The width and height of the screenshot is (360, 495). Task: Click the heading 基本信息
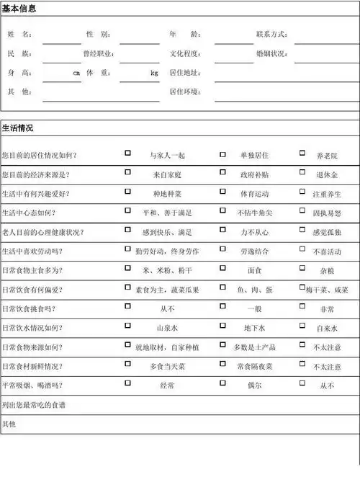coord(18,9)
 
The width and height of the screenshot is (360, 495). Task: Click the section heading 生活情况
coord(18,128)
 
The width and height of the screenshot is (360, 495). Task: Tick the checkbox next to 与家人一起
coord(127,153)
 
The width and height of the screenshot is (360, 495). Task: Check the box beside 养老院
coord(302,153)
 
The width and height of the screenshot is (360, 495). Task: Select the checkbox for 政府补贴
coord(222,173)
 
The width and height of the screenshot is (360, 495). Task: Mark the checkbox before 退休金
coord(302,173)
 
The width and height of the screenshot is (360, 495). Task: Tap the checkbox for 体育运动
coord(222,192)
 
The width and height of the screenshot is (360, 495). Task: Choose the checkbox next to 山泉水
coord(127,326)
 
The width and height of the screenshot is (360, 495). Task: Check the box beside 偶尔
coord(222,384)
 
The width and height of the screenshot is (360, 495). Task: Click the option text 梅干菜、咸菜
coord(326,290)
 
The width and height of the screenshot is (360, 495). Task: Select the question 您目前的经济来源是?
coord(40,174)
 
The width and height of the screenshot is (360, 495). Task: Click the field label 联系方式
coord(271,35)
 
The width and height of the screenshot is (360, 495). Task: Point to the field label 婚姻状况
coord(271,54)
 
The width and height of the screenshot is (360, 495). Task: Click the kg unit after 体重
coord(154,73)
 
